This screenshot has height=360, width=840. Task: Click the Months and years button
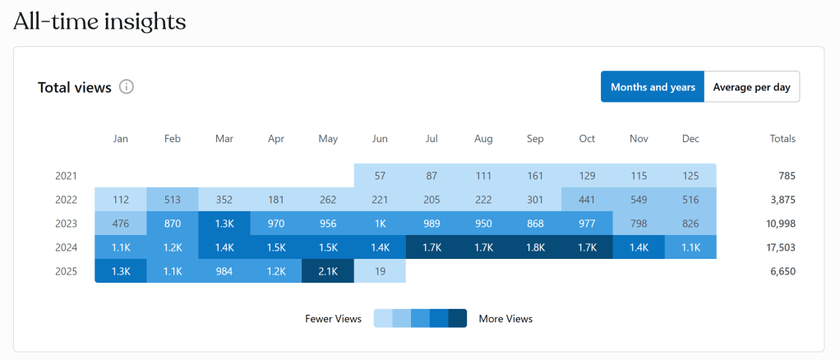point(653,87)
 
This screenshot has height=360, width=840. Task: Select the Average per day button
point(752,87)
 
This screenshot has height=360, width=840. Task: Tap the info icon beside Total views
point(127,87)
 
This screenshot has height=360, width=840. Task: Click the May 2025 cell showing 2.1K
point(328,271)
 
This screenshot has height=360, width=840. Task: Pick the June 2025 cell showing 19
point(380,271)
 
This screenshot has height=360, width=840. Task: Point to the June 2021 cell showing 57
point(380,176)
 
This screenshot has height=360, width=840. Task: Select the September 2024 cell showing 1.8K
point(535,247)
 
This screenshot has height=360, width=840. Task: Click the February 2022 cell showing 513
point(173,200)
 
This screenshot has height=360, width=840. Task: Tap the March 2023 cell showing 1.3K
point(224,224)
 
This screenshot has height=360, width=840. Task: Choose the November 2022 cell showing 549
point(639,200)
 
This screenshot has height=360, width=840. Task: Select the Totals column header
point(782,139)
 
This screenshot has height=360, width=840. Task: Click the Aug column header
point(483,139)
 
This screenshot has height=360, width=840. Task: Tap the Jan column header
point(121,139)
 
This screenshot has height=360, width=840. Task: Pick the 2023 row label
point(66,224)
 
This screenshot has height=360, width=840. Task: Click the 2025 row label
point(66,271)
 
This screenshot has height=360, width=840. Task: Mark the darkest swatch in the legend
point(458,319)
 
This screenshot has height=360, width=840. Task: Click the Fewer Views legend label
point(333,319)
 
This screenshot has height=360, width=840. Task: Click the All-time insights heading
point(99,21)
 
